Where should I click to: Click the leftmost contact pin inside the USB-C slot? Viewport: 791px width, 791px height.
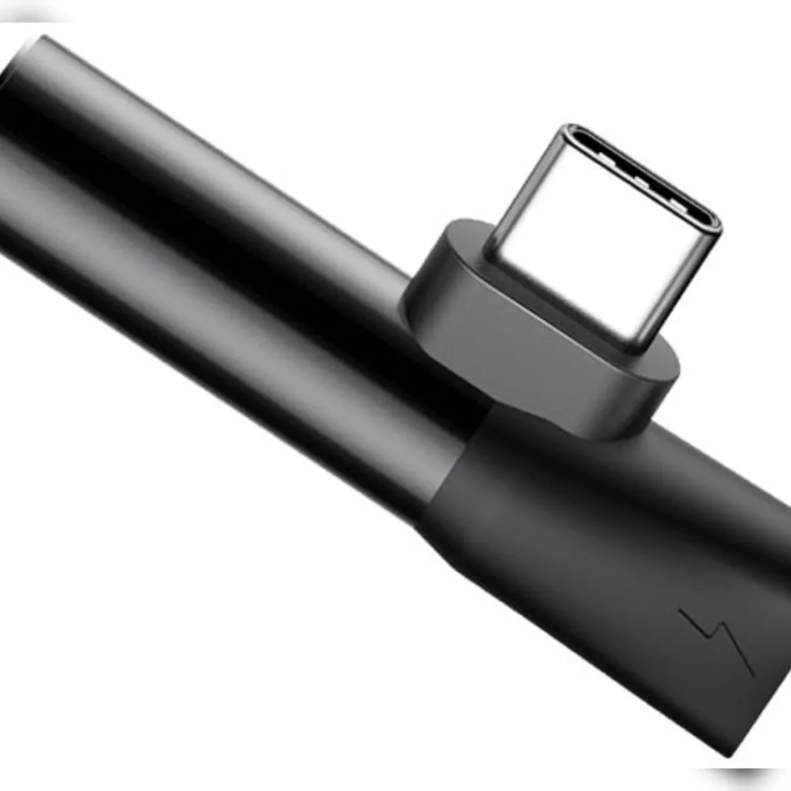pyautogui.click(x=609, y=167)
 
